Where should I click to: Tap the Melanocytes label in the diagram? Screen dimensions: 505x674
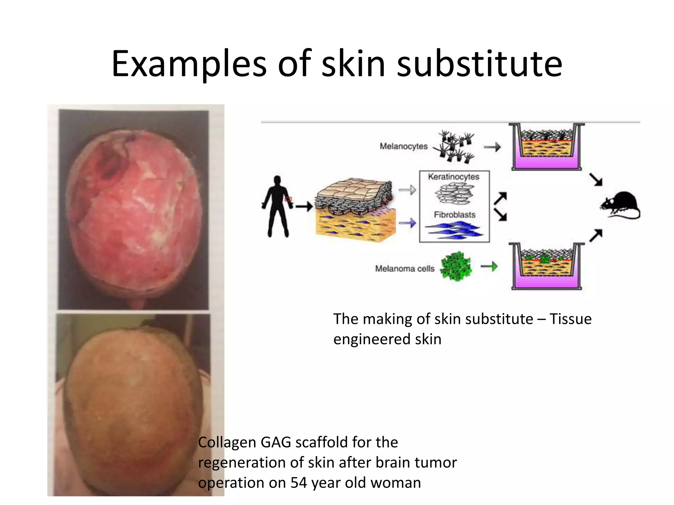pyautogui.click(x=403, y=146)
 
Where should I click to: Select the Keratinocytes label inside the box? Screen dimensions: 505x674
pyautogui.click(x=454, y=177)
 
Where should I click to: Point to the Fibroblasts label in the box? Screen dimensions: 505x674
pyautogui.click(x=454, y=215)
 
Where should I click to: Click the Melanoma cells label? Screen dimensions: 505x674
pyautogui.click(x=404, y=269)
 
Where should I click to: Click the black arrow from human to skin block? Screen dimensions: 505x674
pyautogui.click(x=303, y=207)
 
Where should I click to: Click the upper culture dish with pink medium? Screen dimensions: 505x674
pyautogui.click(x=546, y=147)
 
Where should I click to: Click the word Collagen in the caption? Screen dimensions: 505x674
pyautogui.click(x=227, y=443)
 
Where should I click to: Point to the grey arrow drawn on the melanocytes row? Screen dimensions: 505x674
pyautogui.click(x=492, y=147)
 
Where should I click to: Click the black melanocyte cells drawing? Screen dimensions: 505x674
pyautogui.click(x=454, y=146)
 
